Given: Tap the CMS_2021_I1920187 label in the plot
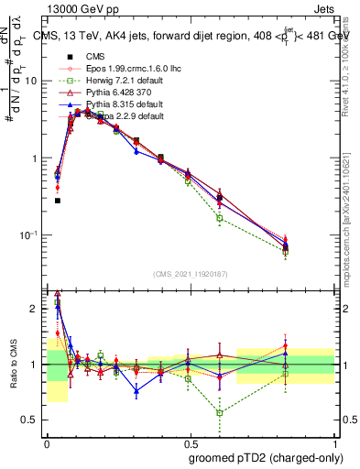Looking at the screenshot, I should click(x=191, y=273).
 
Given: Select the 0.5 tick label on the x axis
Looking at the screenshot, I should click(x=189, y=442).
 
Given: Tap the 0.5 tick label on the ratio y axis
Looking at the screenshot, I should click(x=33, y=420).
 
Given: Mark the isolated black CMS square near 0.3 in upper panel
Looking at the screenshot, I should click(x=57, y=200).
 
